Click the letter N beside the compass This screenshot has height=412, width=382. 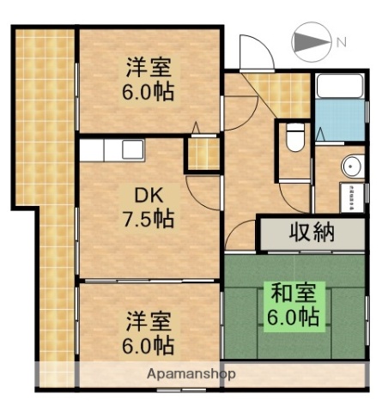[341, 42]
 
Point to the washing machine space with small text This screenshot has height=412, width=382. [352, 196]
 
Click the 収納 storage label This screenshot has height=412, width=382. [311, 233]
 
